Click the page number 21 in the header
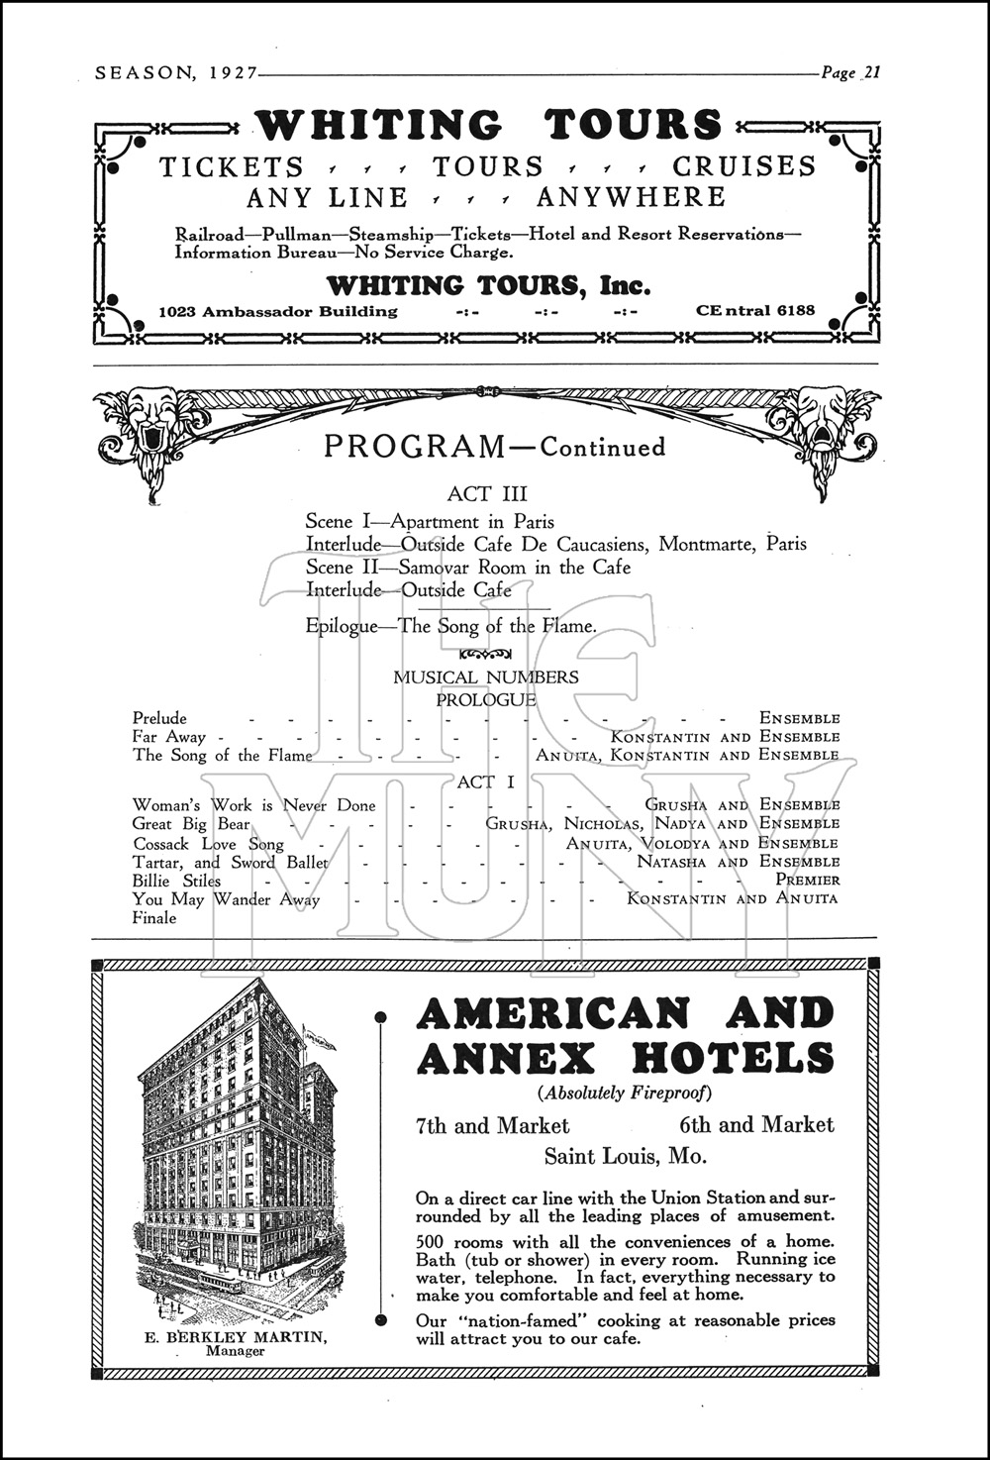point(871,72)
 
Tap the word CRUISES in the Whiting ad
point(744,166)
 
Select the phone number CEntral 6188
point(755,310)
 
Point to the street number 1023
point(178,311)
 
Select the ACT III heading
point(487,493)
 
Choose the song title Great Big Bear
point(192,824)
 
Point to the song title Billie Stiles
point(177,881)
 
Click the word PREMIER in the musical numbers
point(808,880)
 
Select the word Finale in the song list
point(154,918)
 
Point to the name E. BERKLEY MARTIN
point(237,1337)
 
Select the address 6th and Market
point(756,1125)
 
